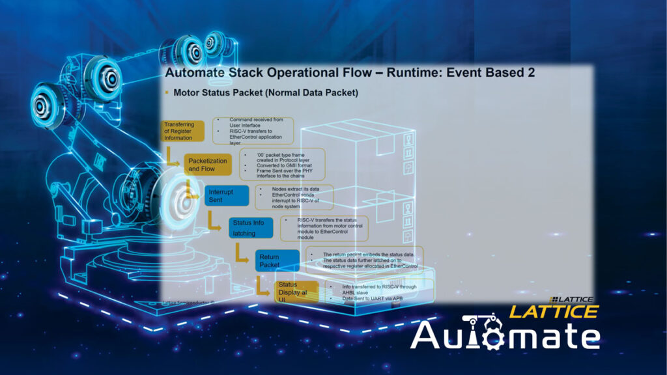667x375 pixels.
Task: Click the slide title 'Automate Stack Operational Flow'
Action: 287,73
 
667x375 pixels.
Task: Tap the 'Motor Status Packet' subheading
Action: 266,93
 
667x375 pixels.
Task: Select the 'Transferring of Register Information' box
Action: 182,131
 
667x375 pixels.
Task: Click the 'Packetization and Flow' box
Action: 208,165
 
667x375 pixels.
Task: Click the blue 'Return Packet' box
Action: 277,261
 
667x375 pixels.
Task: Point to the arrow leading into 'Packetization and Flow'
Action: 172,157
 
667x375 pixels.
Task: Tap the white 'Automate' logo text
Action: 505,335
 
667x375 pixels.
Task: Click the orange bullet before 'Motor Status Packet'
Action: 167,93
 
